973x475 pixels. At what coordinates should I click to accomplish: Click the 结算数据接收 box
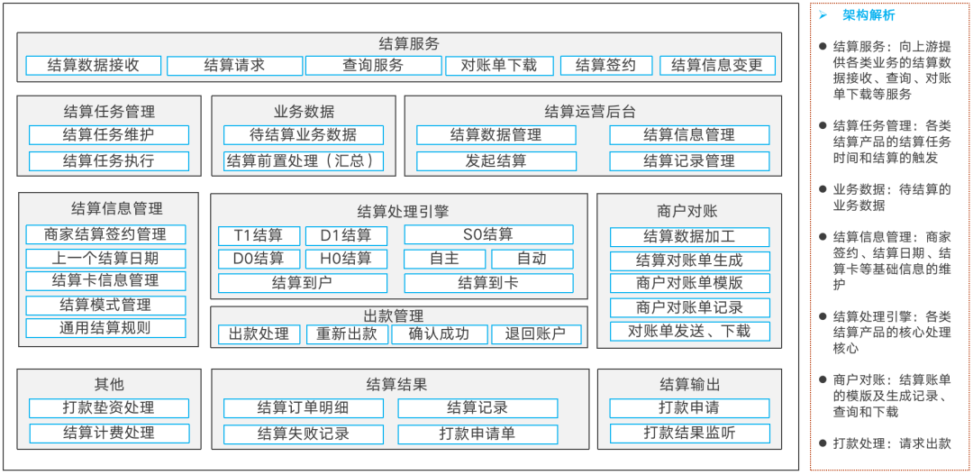(x=93, y=65)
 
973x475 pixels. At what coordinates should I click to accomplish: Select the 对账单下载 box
(x=499, y=65)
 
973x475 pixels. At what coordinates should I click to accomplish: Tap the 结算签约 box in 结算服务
(x=606, y=65)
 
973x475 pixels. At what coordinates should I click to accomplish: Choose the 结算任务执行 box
(x=109, y=161)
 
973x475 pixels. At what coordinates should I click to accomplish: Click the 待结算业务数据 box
(x=304, y=134)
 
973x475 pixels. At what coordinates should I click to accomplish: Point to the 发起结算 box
(x=496, y=161)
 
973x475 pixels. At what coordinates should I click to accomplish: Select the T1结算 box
(x=259, y=236)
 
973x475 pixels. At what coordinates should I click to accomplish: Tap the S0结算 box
(x=488, y=234)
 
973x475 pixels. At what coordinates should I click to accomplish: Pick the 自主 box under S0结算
(x=445, y=259)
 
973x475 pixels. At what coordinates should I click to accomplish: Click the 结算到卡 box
(x=488, y=283)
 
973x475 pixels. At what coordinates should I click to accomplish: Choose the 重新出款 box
(x=347, y=334)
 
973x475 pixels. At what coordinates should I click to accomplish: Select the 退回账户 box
(x=536, y=334)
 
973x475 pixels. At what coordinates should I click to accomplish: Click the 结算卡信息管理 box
(x=105, y=280)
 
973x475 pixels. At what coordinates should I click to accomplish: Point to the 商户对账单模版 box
(x=689, y=283)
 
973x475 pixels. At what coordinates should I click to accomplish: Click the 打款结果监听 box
(x=689, y=434)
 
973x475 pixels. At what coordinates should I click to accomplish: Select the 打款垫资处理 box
(x=109, y=408)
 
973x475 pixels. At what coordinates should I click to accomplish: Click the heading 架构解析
(x=868, y=16)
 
